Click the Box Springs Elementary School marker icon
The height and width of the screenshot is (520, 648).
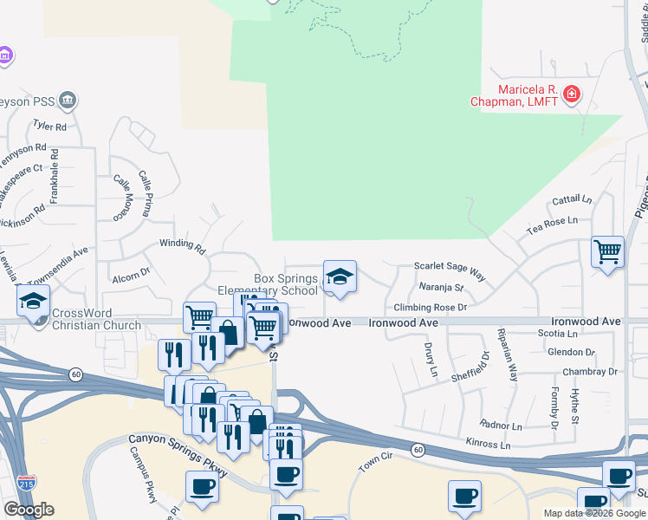(340, 277)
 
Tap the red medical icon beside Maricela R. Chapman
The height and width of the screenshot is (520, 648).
(571, 94)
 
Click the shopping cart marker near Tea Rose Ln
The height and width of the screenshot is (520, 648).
(608, 252)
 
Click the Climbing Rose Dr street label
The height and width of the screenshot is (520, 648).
(431, 307)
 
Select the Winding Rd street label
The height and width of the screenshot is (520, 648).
(182, 246)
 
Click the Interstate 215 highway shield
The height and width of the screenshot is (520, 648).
(28, 482)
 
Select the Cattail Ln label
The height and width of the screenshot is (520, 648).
(572, 200)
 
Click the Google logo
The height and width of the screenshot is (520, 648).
(29, 510)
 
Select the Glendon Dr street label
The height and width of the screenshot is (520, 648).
(571, 352)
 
